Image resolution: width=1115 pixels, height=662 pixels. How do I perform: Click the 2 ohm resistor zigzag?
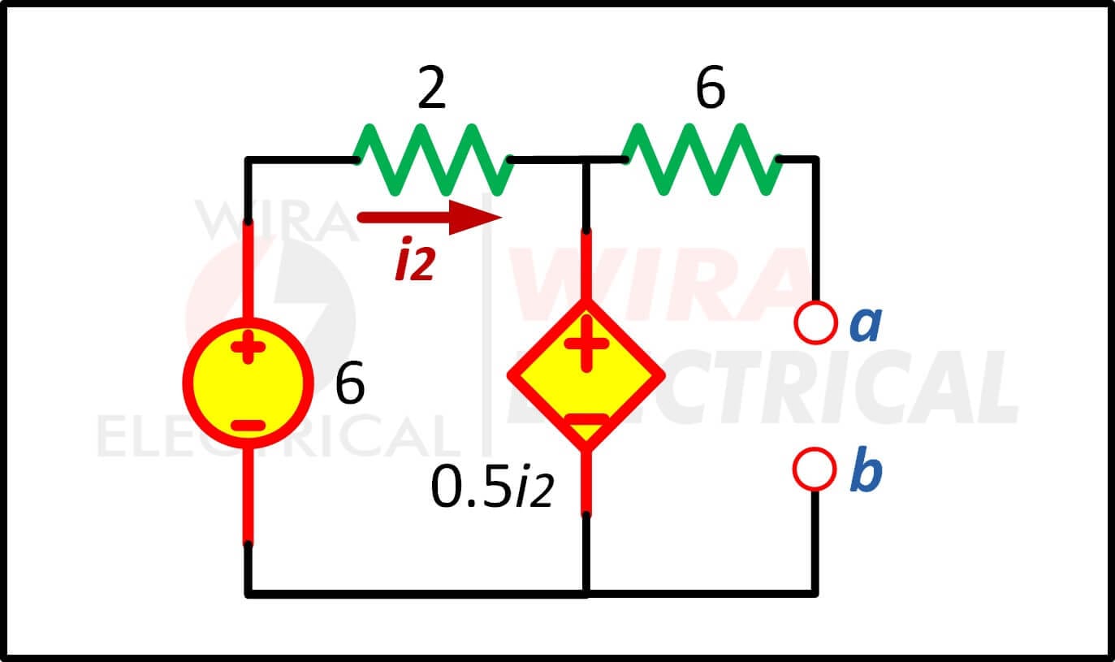point(433,159)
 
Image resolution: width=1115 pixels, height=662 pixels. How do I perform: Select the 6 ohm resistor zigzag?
point(702,159)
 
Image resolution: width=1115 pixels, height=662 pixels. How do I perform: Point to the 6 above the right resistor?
point(711,87)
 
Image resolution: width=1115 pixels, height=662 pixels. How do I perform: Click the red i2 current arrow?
point(430,218)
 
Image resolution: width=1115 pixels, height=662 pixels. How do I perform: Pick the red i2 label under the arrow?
point(416,259)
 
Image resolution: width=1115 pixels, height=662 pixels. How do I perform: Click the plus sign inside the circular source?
point(248,346)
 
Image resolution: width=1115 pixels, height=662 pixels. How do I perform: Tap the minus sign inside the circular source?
point(248,426)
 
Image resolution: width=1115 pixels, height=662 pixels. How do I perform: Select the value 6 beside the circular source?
point(350,383)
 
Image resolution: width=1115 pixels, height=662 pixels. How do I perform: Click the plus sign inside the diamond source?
point(586,344)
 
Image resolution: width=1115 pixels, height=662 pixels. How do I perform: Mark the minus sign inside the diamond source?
point(586,419)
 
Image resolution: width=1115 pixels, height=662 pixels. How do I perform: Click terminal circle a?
point(815,322)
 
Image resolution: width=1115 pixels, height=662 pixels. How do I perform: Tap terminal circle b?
point(815,469)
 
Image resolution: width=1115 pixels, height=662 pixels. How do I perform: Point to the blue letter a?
point(867,323)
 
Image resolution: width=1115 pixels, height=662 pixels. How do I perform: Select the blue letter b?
point(867,469)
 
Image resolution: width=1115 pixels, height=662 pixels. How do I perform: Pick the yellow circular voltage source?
point(248,383)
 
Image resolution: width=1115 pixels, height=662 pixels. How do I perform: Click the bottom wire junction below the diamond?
point(586,594)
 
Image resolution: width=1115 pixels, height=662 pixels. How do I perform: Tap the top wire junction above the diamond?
point(586,159)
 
